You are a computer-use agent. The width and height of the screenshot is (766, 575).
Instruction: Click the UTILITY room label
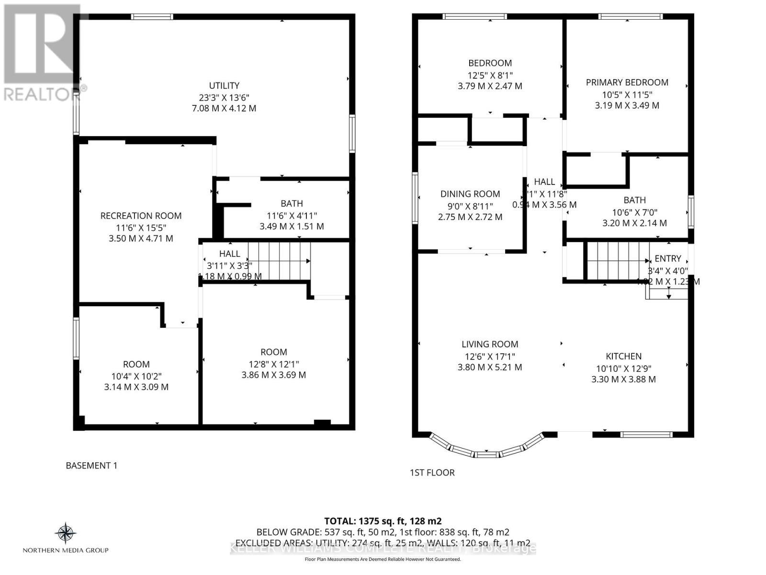tap(224, 86)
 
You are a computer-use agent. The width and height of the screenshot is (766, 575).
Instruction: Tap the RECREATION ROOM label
tap(141, 216)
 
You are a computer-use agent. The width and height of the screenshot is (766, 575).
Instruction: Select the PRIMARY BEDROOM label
tap(627, 82)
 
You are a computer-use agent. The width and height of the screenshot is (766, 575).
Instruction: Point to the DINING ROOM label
tap(470, 194)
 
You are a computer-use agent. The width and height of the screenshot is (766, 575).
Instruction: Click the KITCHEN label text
tap(623, 356)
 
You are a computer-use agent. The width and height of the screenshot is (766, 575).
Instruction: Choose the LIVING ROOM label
tap(490, 344)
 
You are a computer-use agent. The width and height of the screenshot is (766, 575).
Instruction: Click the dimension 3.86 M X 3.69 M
tap(273, 375)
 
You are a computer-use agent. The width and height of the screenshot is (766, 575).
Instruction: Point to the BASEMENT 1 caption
tap(91, 466)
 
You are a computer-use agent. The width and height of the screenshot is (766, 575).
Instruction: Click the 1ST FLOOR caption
tap(432, 473)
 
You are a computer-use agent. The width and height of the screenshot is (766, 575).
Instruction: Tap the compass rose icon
tap(66, 533)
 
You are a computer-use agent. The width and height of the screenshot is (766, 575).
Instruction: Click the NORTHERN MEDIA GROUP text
tap(66, 551)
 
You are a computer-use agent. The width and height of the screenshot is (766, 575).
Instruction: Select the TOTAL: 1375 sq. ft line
tap(383, 521)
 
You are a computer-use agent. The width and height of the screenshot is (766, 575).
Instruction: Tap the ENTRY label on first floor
tap(667, 259)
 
